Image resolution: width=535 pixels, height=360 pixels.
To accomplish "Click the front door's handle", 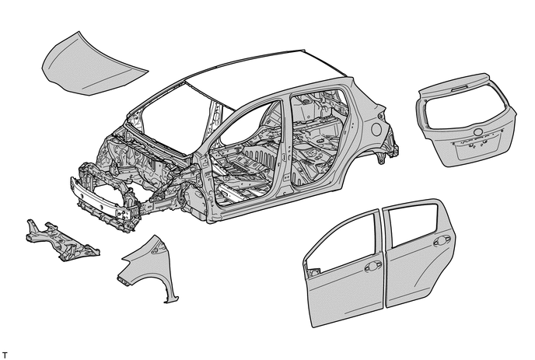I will [x=372, y=266].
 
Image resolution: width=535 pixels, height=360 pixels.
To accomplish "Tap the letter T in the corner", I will [x=6, y=354].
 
